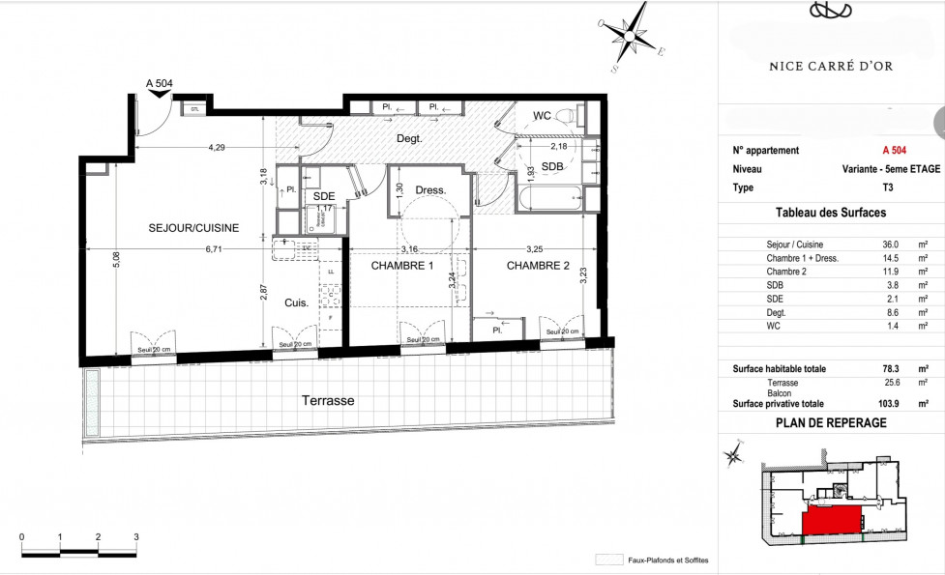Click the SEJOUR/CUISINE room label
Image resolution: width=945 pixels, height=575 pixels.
pyautogui.click(x=193, y=228)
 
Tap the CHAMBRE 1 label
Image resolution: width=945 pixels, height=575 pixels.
pyautogui.click(x=391, y=266)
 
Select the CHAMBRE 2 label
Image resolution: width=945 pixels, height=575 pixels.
pyautogui.click(x=539, y=266)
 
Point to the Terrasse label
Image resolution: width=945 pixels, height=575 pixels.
pyautogui.click(x=327, y=400)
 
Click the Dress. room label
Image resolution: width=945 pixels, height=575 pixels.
pyautogui.click(x=429, y=190)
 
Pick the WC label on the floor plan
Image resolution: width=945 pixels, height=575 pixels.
pyautogui.click(x=543, y=116)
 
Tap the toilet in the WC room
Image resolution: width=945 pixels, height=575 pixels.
pyautogui.click(x=573, y=117)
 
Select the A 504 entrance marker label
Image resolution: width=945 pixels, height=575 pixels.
pyautogui.click(x=159, y=84)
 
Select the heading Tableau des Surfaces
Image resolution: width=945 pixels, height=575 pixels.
pyautogui.click(x=831, y=213)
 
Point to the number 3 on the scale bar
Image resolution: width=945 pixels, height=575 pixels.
pyautogui.click(x=136, y=536)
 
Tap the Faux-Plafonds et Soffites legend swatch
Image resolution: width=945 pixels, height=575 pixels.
pyautogui.click(x=608, y=560)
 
